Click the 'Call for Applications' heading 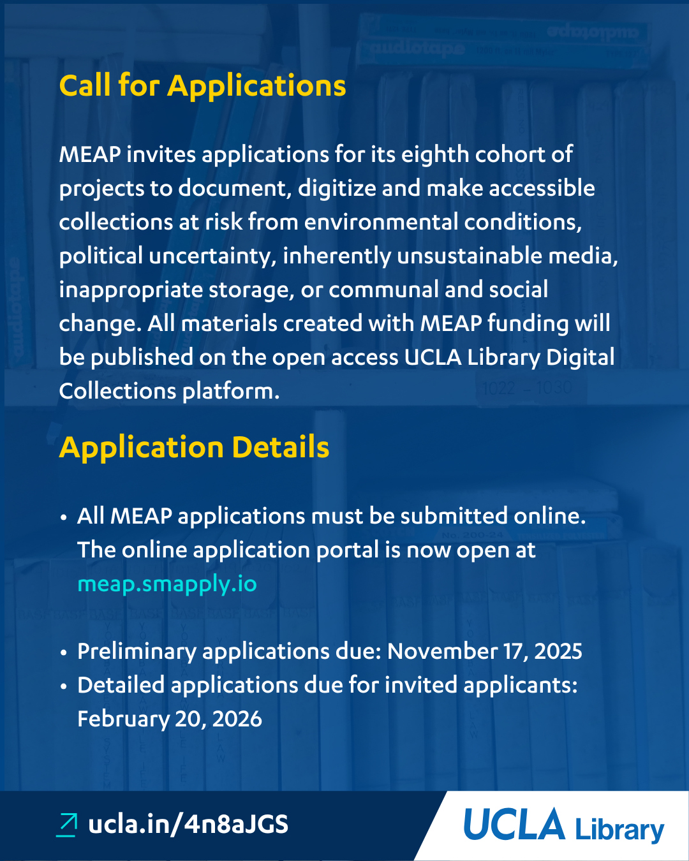pos(202,85)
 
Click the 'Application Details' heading pos(194,447)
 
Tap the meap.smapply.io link pos(167,584)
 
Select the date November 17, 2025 pos(484,651)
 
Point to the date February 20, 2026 pos(169,719)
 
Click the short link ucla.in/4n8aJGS pos(188,824)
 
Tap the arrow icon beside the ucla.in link pos(67,824)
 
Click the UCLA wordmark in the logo pos(514,825)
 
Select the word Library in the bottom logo pos(619,829)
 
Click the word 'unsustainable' pos(466,256)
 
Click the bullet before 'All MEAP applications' pos(64,517)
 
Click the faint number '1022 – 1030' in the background pos(527,388)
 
